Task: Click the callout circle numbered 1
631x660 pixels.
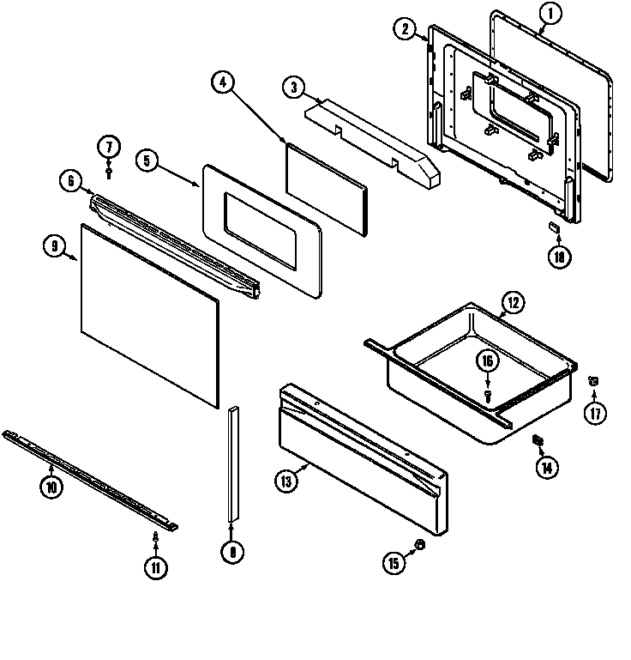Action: (551, 13)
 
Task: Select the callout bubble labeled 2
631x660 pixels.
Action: (406, 29)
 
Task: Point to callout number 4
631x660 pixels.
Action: (222, 82)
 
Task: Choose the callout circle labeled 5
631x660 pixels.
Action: (147, 160)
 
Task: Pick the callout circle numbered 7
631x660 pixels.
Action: (109, 146)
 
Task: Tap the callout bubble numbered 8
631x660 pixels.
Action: (231, 553)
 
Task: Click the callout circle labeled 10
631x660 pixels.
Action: (51, 487)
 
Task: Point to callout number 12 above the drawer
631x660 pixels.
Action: (512, 302)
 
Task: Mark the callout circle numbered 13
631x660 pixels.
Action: (286, 481)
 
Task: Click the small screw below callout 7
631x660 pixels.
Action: (110, 173)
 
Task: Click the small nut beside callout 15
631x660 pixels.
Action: (419, 545)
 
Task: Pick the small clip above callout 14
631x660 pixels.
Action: (538, 441)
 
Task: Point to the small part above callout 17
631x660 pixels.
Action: (592, 379)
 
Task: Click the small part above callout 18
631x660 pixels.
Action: (554, 226)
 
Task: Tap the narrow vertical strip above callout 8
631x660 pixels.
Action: (231, 463)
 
